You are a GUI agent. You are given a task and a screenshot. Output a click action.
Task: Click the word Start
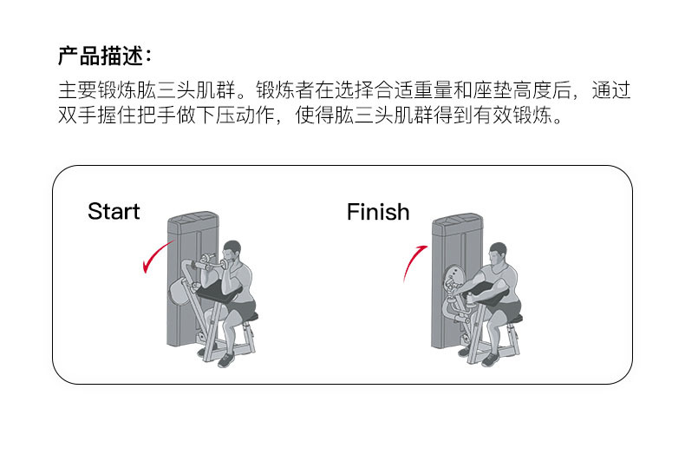tap(114, 211)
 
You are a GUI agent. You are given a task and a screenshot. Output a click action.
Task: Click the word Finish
tap(378, 211)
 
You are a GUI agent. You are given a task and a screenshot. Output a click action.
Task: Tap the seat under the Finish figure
tap(512, 319)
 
